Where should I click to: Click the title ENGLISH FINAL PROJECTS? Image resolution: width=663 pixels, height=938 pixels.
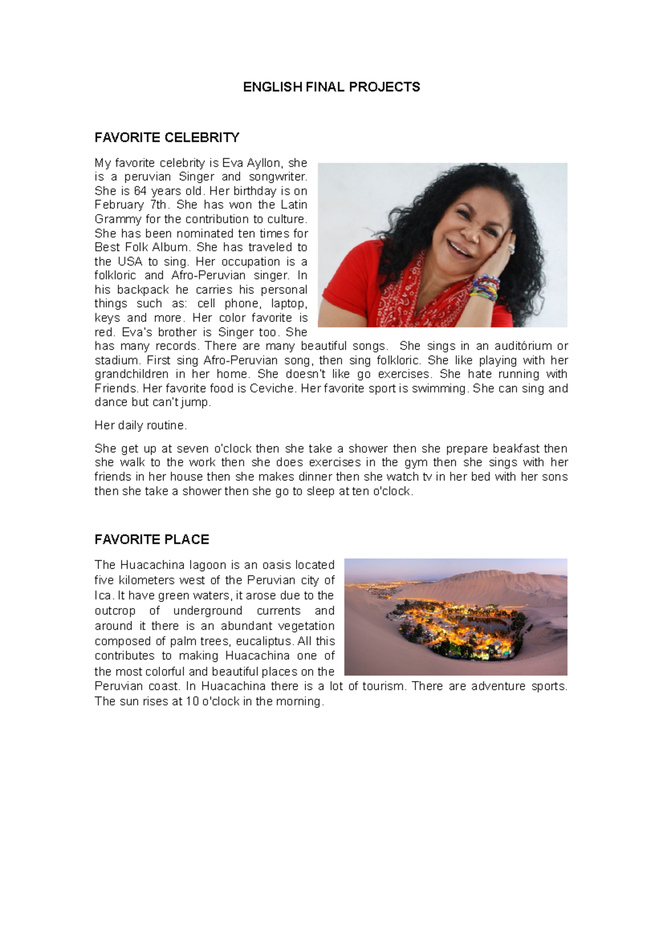click(331, 87)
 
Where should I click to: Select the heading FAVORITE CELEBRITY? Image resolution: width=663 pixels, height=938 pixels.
click(167, 137)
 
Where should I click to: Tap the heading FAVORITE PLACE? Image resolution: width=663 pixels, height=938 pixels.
click(151, 539)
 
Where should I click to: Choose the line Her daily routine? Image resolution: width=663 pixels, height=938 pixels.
click(141, 425)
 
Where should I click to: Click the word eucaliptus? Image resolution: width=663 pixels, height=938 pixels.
click(265, 641)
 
